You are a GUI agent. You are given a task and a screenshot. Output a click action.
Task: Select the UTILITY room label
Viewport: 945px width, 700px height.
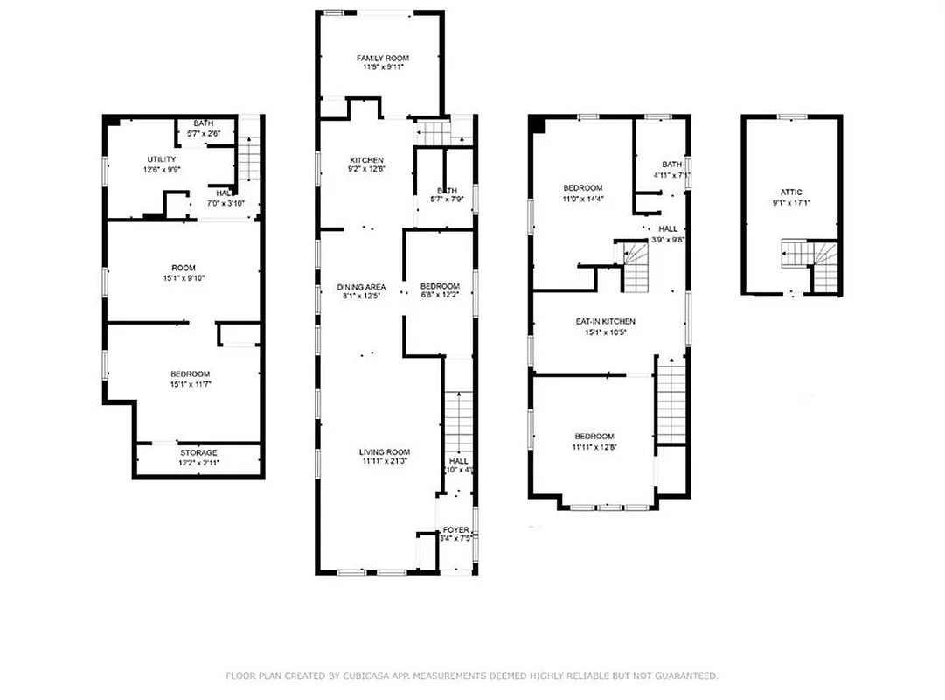(x=161, y=159)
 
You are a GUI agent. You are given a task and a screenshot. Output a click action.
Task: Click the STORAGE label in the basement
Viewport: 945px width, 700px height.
(x=198, y=452)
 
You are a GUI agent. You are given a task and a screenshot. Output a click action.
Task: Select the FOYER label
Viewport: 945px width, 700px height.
(x=456, y=530)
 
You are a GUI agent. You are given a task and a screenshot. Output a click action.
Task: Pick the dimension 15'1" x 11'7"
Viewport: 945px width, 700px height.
(x=191, y=384)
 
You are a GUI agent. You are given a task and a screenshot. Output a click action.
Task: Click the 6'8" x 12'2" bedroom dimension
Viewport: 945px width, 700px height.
(x=440, y=297)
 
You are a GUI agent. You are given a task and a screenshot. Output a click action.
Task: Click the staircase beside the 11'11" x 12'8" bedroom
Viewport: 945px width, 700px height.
(x=670, y=402)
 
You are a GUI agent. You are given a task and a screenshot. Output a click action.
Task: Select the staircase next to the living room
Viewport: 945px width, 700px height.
(x=458, y=420)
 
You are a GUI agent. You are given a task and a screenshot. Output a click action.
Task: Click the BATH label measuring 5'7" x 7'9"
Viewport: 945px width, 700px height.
(x=447, y=191)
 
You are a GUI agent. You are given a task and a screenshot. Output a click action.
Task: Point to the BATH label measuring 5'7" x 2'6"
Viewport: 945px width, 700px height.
(x=204, y=123)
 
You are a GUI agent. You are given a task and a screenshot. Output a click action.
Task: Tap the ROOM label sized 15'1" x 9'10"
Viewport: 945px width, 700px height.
(x=184, y=268)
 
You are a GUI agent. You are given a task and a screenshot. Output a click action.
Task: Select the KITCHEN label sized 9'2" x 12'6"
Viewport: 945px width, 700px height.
(x=366, y=160)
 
